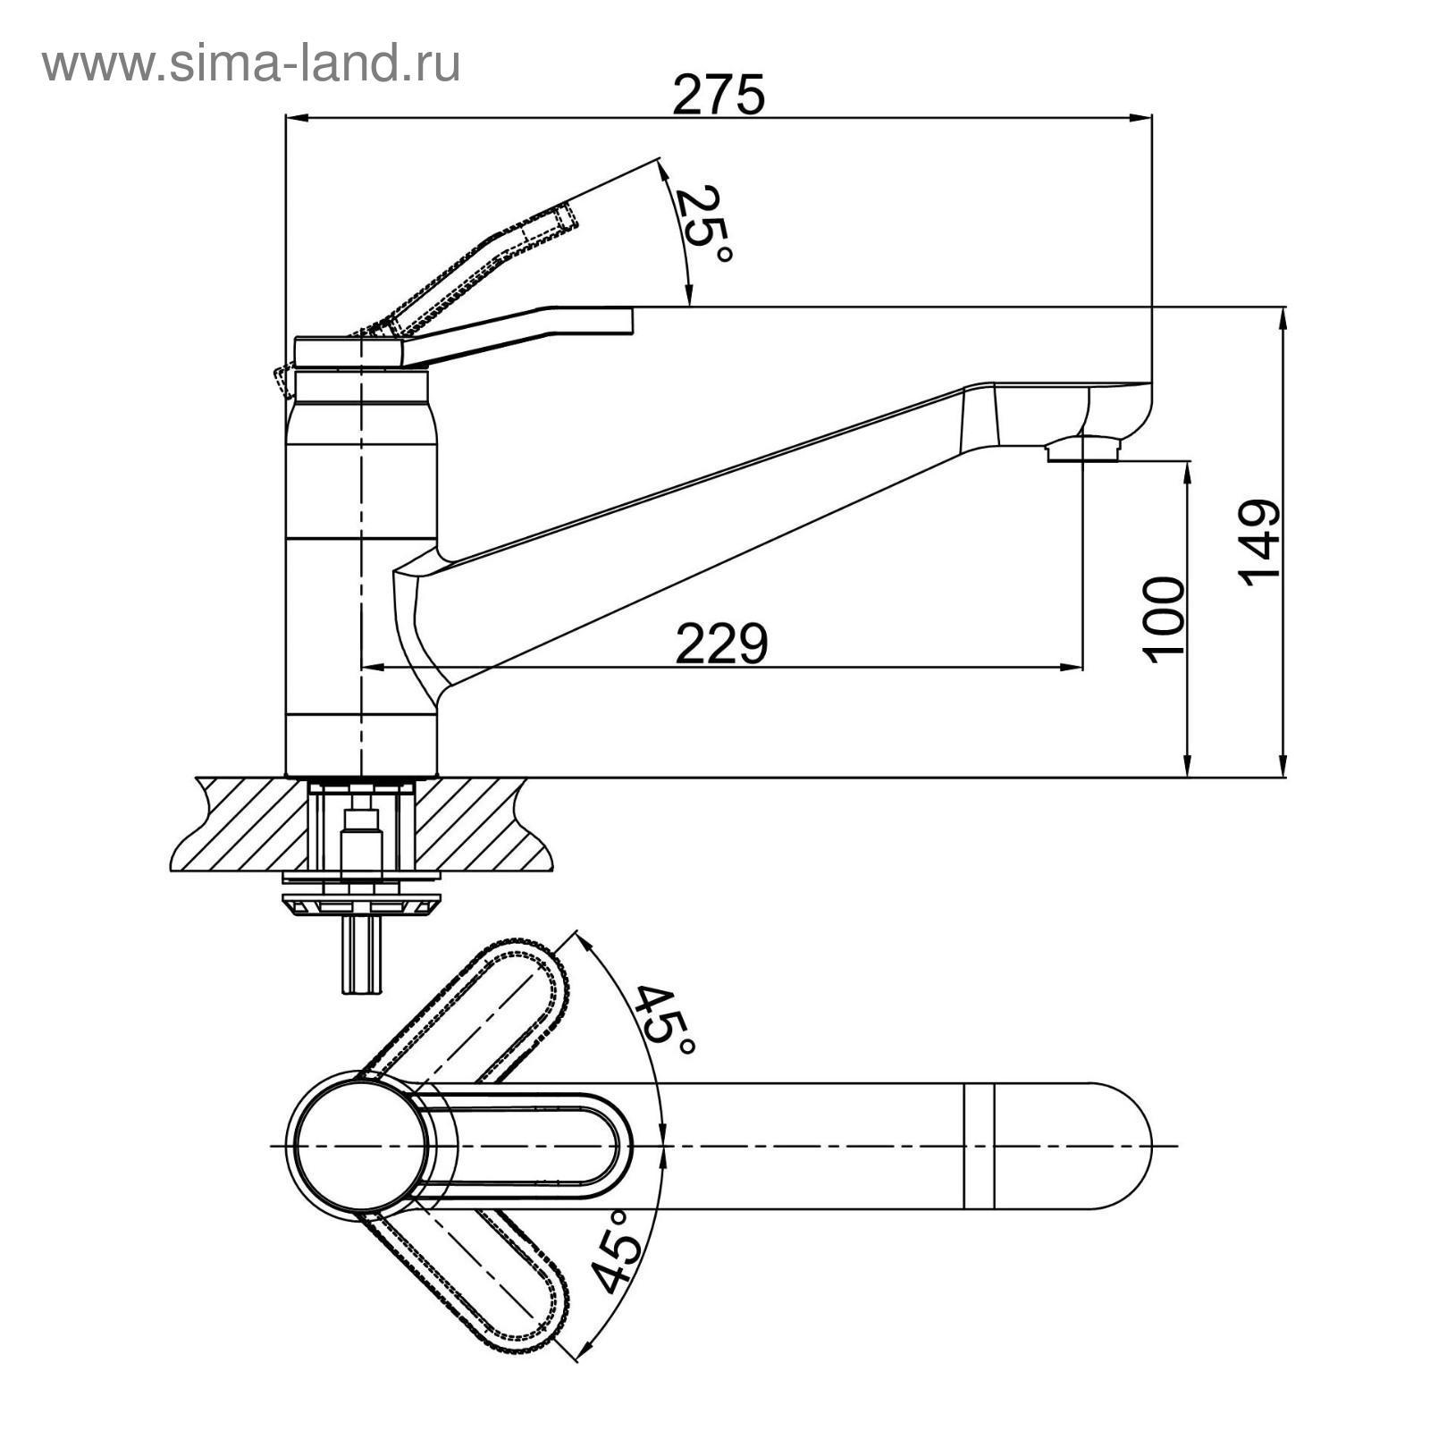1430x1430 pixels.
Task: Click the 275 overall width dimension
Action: [719, 95]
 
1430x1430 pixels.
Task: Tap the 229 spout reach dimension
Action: [721, 643]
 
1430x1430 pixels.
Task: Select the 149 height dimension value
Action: [1260, 543]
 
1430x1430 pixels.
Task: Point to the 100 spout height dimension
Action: [1165, 619]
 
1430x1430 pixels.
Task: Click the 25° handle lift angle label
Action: [702, 223]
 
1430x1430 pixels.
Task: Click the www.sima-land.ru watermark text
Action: [251, 64]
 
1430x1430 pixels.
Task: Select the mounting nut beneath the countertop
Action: [361, 904]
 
